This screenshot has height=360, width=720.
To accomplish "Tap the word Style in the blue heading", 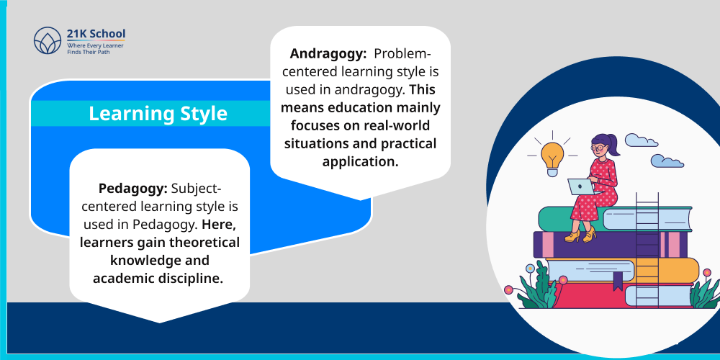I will [201, 114].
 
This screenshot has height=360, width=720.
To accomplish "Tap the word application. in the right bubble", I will [360, 161].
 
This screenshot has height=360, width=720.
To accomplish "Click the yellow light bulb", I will [552, 155].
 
